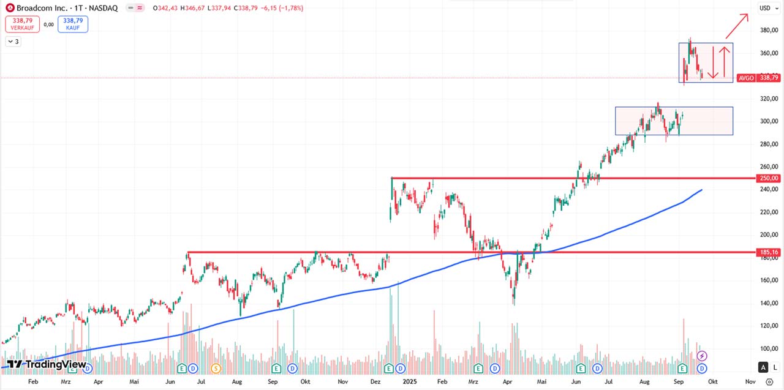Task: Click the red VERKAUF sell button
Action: click(x=22, y=24)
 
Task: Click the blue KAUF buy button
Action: click(x=73, y=24)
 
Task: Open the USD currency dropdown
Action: click(x=767, y=8)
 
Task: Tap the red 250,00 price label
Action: click(x=769, y=178)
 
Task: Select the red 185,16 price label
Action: click(x=769, y=252)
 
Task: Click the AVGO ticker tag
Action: click(x=746, y=78)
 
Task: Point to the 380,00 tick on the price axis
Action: click(x=769, y=30)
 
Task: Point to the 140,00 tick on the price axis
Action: click(x=769, y=304)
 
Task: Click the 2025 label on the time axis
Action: click(x=409, y=381)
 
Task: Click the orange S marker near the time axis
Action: click(x=216, y=368)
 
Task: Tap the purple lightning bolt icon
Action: click(x=703, y=356)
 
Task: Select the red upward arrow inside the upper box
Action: click(x=724, y=61)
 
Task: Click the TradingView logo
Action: click(x=47, y=364)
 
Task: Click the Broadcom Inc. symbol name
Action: click(x=42, y=9)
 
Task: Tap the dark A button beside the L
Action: click(x=763, y=367)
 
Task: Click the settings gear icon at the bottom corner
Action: click(x=770, y=381)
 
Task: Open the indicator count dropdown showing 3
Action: click(x=13, y=42)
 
